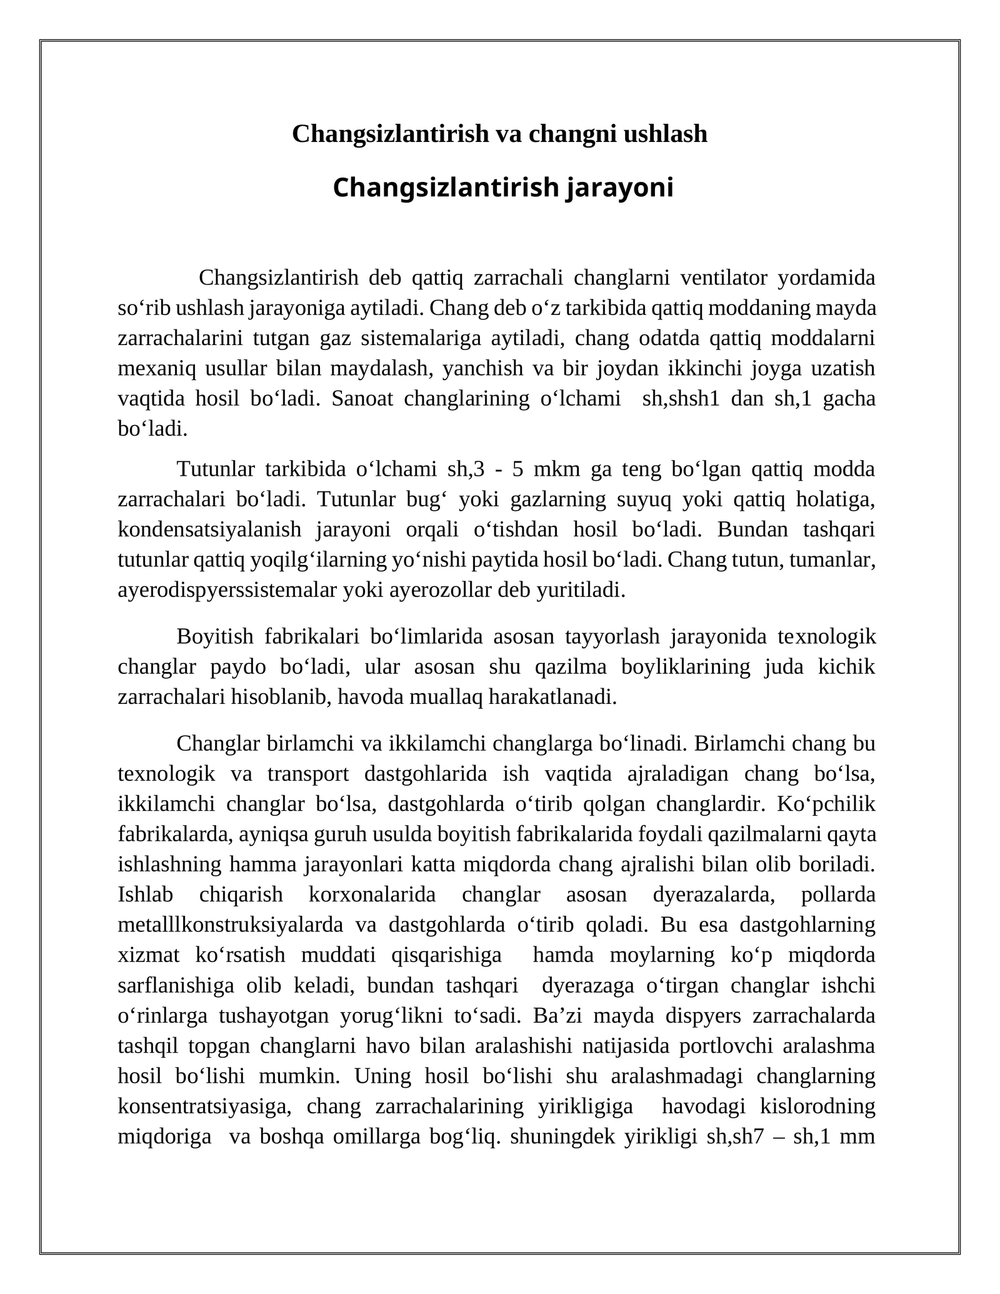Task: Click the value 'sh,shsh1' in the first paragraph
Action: (x=681, y=398)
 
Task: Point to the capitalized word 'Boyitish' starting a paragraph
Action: (x=215, y=636)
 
